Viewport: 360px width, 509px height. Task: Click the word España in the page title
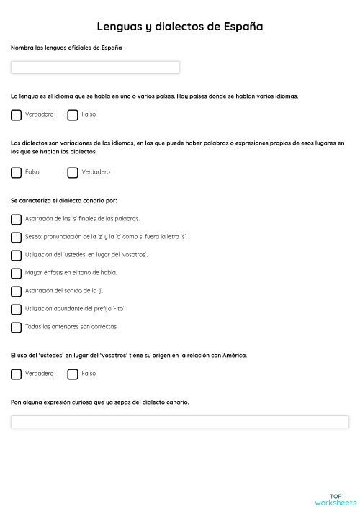coord(241,27)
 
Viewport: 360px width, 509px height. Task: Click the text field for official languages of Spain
coord(95,68)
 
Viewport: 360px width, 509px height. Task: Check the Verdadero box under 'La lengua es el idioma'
coord(17,114)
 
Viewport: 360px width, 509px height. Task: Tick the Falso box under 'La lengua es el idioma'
coord(73,114)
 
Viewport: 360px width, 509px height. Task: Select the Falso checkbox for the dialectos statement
coord(17,172)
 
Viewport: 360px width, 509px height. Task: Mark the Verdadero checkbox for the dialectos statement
coord(73,172)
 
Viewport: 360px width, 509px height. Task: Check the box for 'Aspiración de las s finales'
coord(17,219)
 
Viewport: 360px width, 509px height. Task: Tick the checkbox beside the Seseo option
coord(17,237)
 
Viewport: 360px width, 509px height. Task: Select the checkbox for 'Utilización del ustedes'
coord(17,255)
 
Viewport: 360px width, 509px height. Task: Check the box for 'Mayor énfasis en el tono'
coord(17,273)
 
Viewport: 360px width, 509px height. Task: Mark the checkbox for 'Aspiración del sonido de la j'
coord(17,291)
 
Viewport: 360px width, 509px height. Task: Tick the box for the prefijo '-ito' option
coord(17,309)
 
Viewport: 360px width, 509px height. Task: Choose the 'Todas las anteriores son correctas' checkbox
coord(17,327)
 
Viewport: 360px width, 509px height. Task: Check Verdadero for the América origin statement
coord(17,374)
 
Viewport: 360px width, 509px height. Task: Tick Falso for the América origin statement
coord(73,374)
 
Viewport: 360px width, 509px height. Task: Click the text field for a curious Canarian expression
coord(180,422)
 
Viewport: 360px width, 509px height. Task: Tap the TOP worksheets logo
coord(335,499)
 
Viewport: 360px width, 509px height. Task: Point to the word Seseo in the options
coord(33,236)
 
